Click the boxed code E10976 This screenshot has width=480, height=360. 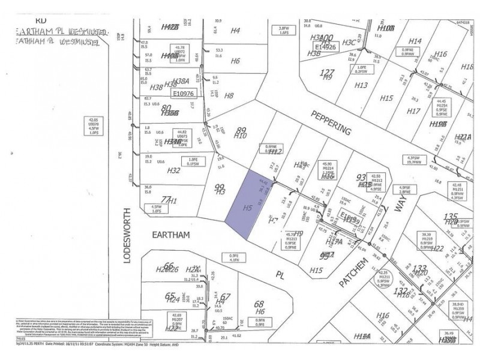[184, 94]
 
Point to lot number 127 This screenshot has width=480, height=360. [327, 71]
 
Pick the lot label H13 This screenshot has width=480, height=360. [361, 85]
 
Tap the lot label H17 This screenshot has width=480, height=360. [413, 111]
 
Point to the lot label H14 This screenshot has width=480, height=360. [416, 41]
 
